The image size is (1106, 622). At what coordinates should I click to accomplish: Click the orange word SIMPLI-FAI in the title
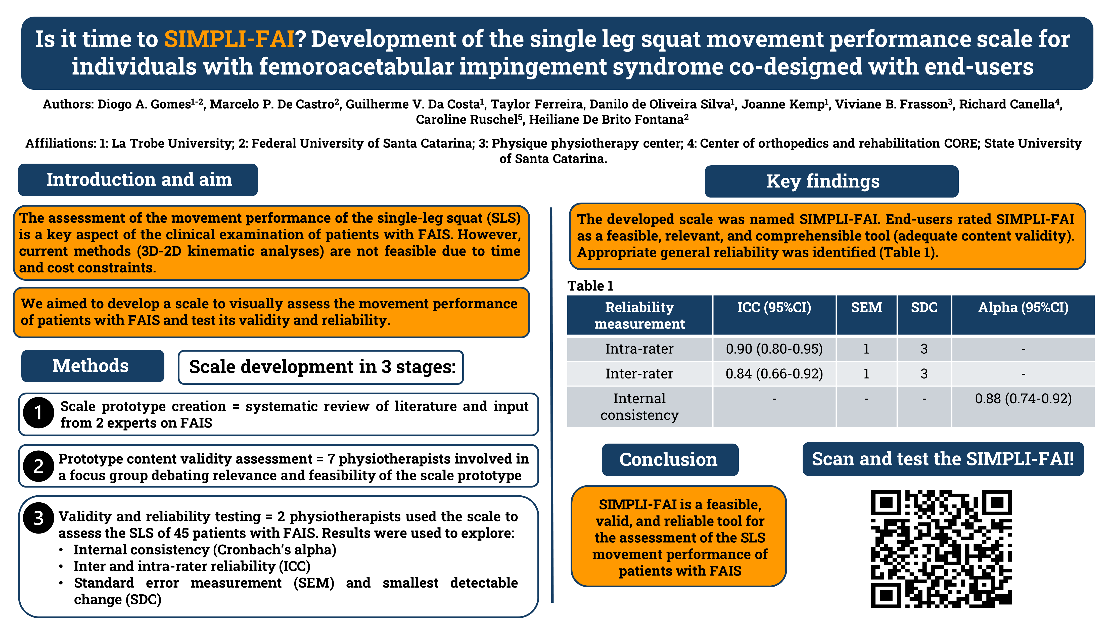(x=229, y=39)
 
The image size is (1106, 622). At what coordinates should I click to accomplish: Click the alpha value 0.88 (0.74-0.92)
(x=1023, y=399)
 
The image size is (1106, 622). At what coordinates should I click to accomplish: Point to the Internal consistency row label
(x=639, y=407)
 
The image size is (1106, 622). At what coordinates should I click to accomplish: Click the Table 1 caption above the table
(x=590, y=286)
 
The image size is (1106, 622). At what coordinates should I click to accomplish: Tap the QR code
(x=941, y=549)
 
